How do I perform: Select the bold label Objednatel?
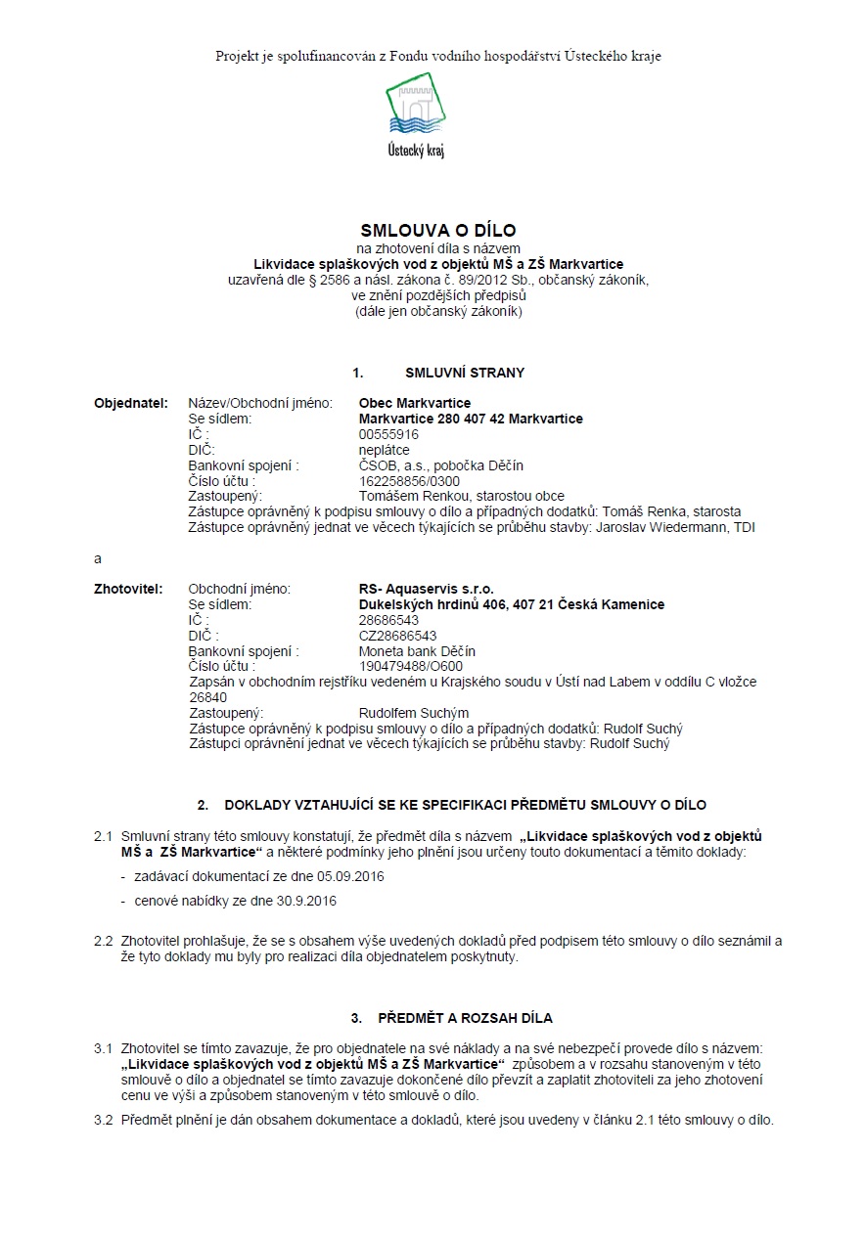tap(130, 403)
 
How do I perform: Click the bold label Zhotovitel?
tap(128, 590)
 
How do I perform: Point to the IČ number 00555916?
tap(388, 434)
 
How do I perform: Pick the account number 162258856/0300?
tap(409, 481)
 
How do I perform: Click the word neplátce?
tap(385, 450)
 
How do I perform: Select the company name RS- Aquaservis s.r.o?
tap(427, 590)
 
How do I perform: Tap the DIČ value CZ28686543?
tap(397, 636)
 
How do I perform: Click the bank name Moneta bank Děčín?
tap(418, 651)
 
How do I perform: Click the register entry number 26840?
tap(207, 698)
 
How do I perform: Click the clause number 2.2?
tap(104, 942)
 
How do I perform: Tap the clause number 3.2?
tap(104, 1120)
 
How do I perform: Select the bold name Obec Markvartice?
tap(415, 403)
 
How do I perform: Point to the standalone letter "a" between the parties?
tap(97, 558)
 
